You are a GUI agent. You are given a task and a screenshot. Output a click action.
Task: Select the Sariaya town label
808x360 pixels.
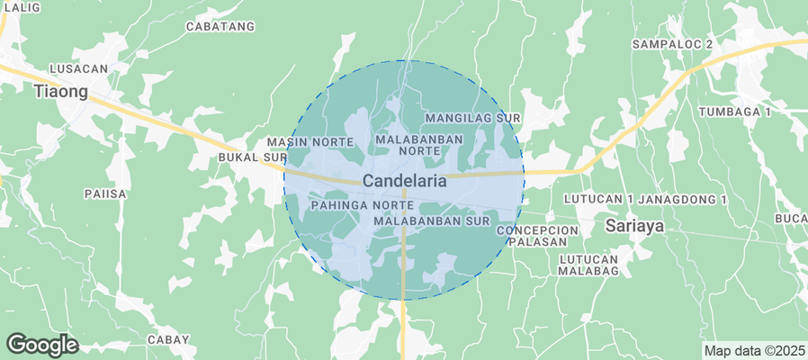pos(634,225)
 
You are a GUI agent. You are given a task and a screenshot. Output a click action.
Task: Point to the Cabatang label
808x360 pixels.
pos(220,27)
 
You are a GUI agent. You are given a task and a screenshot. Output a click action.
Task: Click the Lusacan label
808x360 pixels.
pos(79,68)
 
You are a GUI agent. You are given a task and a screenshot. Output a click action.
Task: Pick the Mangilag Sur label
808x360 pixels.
pos(473,118)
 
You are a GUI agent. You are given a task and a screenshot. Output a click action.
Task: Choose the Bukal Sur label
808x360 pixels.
pos(252,157)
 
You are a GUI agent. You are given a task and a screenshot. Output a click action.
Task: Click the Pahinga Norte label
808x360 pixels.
pos(349,206)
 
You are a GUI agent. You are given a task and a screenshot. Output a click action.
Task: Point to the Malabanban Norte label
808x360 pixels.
pos(419,145)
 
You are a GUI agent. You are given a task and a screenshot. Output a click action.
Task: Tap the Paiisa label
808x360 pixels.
pos(104,193)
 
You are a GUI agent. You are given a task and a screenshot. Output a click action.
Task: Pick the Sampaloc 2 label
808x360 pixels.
pos(672,43)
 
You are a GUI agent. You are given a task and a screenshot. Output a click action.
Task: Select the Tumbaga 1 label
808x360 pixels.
pos(735,112)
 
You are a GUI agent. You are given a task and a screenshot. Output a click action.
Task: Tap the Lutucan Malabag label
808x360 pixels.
pos(588,265)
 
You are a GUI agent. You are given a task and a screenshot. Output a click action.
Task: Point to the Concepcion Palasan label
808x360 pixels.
pos(537,237)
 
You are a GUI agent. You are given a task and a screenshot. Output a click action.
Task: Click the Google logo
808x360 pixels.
pos(42,344)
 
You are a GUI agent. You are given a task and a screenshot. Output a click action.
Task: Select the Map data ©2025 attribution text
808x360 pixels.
pos(753,350)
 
